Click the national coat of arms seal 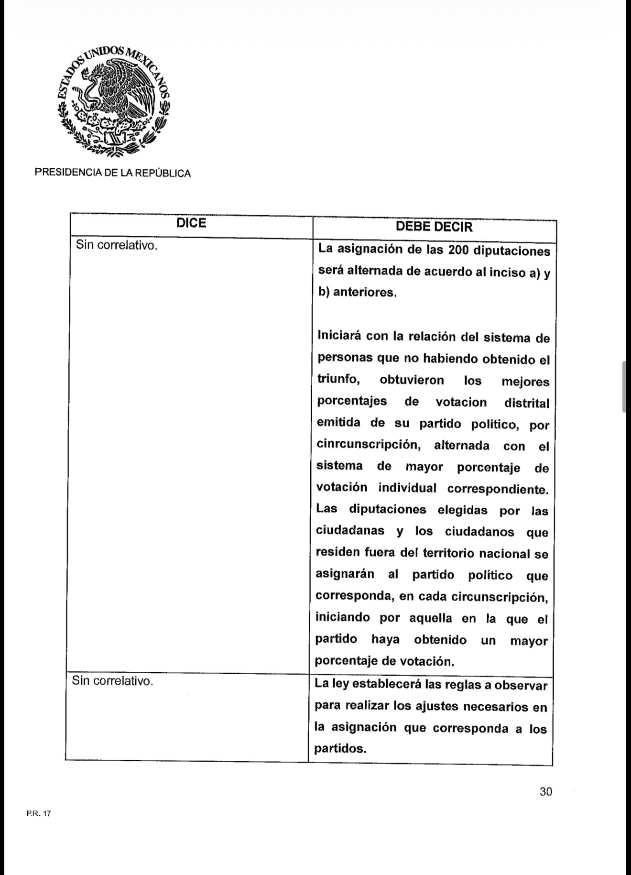(113, 101)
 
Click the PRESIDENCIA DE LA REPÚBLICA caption (113, 174)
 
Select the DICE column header (191, 223)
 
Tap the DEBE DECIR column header (434, 227)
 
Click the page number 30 (546, 791)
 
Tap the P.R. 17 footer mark (35, 813)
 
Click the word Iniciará (339, 336)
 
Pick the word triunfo (337, 380)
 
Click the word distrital (527, 403)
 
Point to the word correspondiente (498, 489)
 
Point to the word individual (407, 488)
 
